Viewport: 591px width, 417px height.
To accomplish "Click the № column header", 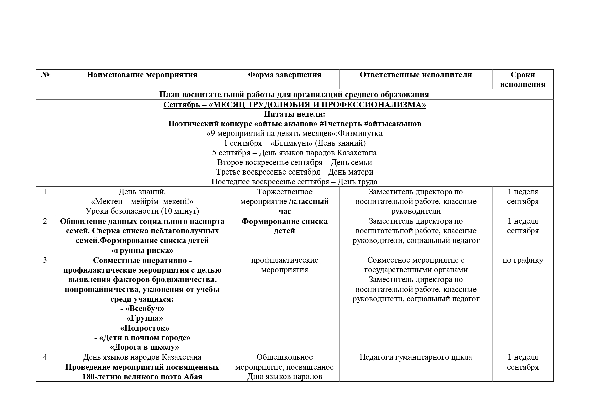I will (45, 75).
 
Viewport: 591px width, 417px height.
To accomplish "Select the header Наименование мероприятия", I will (142, 75).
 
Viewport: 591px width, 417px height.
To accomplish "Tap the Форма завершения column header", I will (284, 75).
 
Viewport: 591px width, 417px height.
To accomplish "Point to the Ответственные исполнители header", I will (416, 75).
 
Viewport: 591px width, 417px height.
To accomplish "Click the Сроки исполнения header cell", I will (523, 79).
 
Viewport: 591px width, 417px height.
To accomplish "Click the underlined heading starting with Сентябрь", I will (295, 105).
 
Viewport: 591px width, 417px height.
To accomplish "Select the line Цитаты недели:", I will (295, 114).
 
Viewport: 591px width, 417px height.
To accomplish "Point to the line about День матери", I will (295, 172).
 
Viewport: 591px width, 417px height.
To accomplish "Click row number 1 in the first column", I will (45, 192).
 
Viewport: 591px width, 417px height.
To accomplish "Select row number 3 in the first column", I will (45, 260).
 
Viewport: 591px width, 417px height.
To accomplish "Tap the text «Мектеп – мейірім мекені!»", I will (142, 201).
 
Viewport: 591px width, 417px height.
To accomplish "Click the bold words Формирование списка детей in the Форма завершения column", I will (285, 226).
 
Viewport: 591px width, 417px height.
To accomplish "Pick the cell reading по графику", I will (523, 260).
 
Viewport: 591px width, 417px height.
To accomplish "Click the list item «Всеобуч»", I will (142, 308).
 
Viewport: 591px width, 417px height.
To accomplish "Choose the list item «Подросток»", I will (142, 328).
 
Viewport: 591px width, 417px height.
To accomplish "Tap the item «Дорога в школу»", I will (142, 347).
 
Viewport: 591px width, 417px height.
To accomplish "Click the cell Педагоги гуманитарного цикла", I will (416, 357).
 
